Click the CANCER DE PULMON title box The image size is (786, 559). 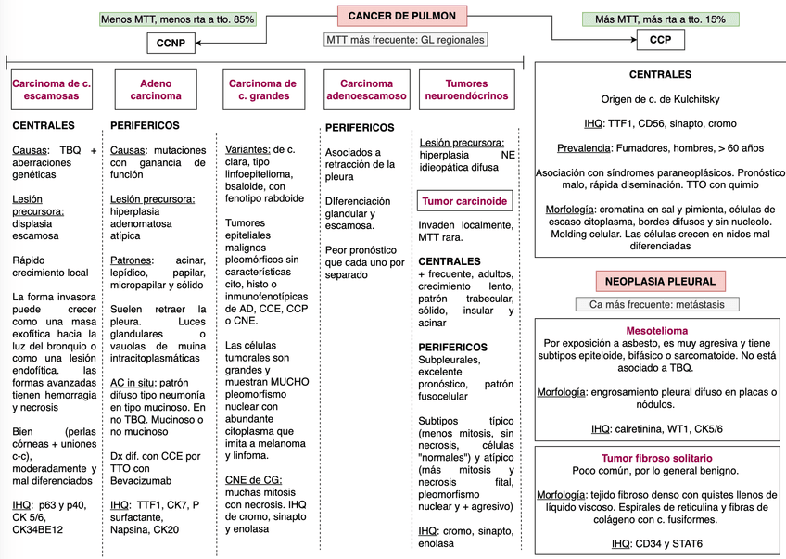pos(402,16)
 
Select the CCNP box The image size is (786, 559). pos(171,42)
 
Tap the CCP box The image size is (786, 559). pos(660,40)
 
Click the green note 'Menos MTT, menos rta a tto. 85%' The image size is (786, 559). pos(178,19)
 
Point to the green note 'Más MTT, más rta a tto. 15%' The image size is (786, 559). pos(660,19)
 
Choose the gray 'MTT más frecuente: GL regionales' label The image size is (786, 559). pos(405,40)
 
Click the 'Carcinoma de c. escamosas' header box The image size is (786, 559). pos(51,89)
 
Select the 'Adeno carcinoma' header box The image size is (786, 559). pos(156,89)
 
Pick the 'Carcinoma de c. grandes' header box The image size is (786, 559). pos(262,89)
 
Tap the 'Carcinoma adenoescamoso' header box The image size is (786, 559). pos(367,89)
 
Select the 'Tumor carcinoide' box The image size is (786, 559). pos(465,200)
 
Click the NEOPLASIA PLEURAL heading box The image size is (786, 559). pos(660,280)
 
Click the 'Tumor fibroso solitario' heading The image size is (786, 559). pos(657,458)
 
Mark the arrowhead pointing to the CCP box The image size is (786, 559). pos(633,40)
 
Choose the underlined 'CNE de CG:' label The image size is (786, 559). pos(253,480)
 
